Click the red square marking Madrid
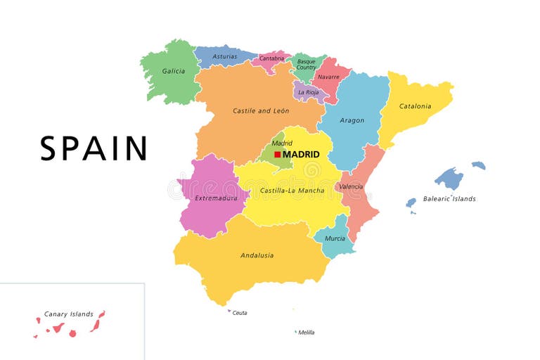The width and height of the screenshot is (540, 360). pos(278,154)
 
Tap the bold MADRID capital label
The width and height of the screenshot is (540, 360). pos(301,154)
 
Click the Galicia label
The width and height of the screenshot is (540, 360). pos(174,71)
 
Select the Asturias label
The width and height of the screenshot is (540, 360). pos(225,56)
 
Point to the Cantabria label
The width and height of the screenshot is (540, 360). pos(271,58)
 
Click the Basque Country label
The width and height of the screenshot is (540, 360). pos(307,64)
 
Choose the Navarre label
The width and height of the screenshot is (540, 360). pos(328,77)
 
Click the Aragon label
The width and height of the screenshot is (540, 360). pos(352,120)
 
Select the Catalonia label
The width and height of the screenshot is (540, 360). pos(415,107)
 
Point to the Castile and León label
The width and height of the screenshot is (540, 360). pos(261,111)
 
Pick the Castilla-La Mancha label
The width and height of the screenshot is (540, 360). pos(292,191)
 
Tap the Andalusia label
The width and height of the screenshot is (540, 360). pos(257,255)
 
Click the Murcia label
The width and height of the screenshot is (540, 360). pos(335,238)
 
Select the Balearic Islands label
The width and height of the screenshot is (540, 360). pos(449,199)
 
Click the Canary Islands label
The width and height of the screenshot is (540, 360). pos(69,314)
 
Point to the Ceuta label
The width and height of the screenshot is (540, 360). pos(240,313)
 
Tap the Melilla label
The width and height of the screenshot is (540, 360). pos(307,333)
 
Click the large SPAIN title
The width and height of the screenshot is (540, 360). pos(94,148)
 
